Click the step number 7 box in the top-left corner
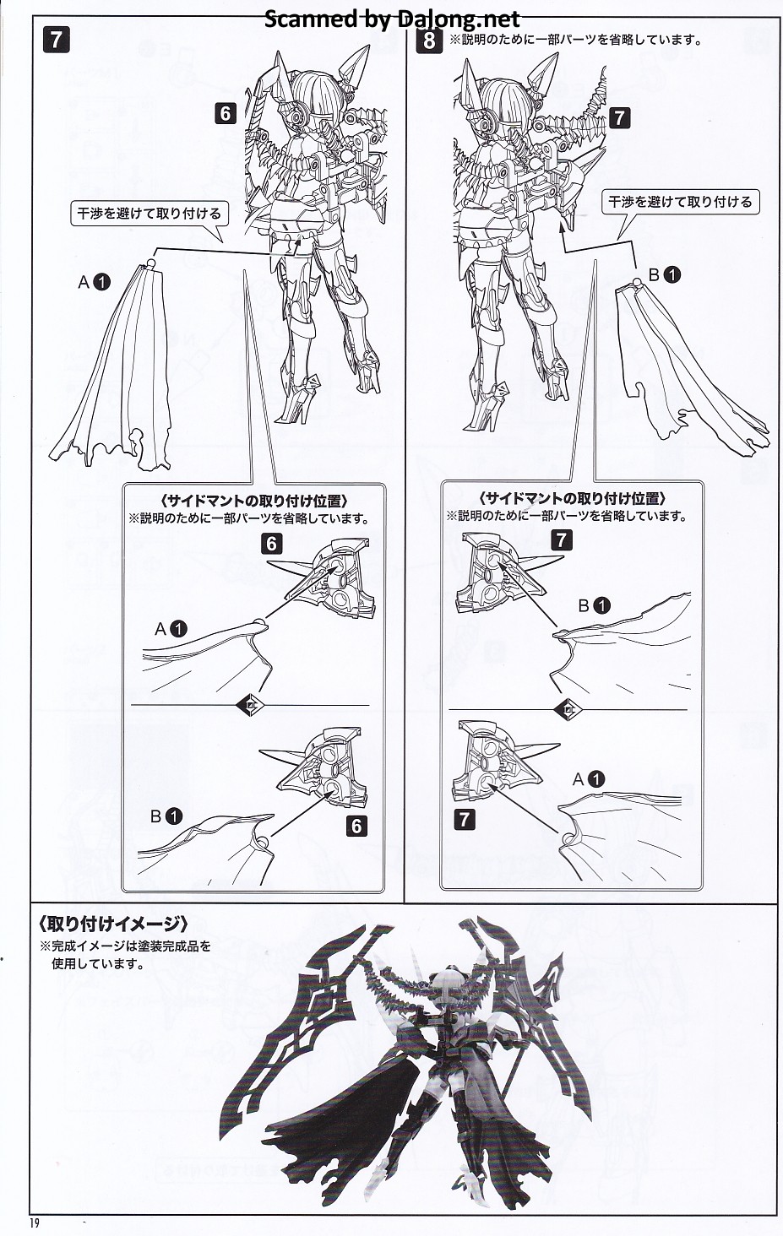click(56, 40)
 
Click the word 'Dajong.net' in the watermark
click(456, 19)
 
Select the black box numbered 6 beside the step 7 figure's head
click(225, 114)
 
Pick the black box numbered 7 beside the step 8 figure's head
click(619, 117)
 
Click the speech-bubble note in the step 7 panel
click(149, 214)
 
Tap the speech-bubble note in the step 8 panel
click(680, 202)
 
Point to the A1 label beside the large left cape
click(95, 283)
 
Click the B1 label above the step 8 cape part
click(665, 274)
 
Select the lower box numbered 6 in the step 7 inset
click(356, 826)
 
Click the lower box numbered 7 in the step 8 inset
click(464, 820)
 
